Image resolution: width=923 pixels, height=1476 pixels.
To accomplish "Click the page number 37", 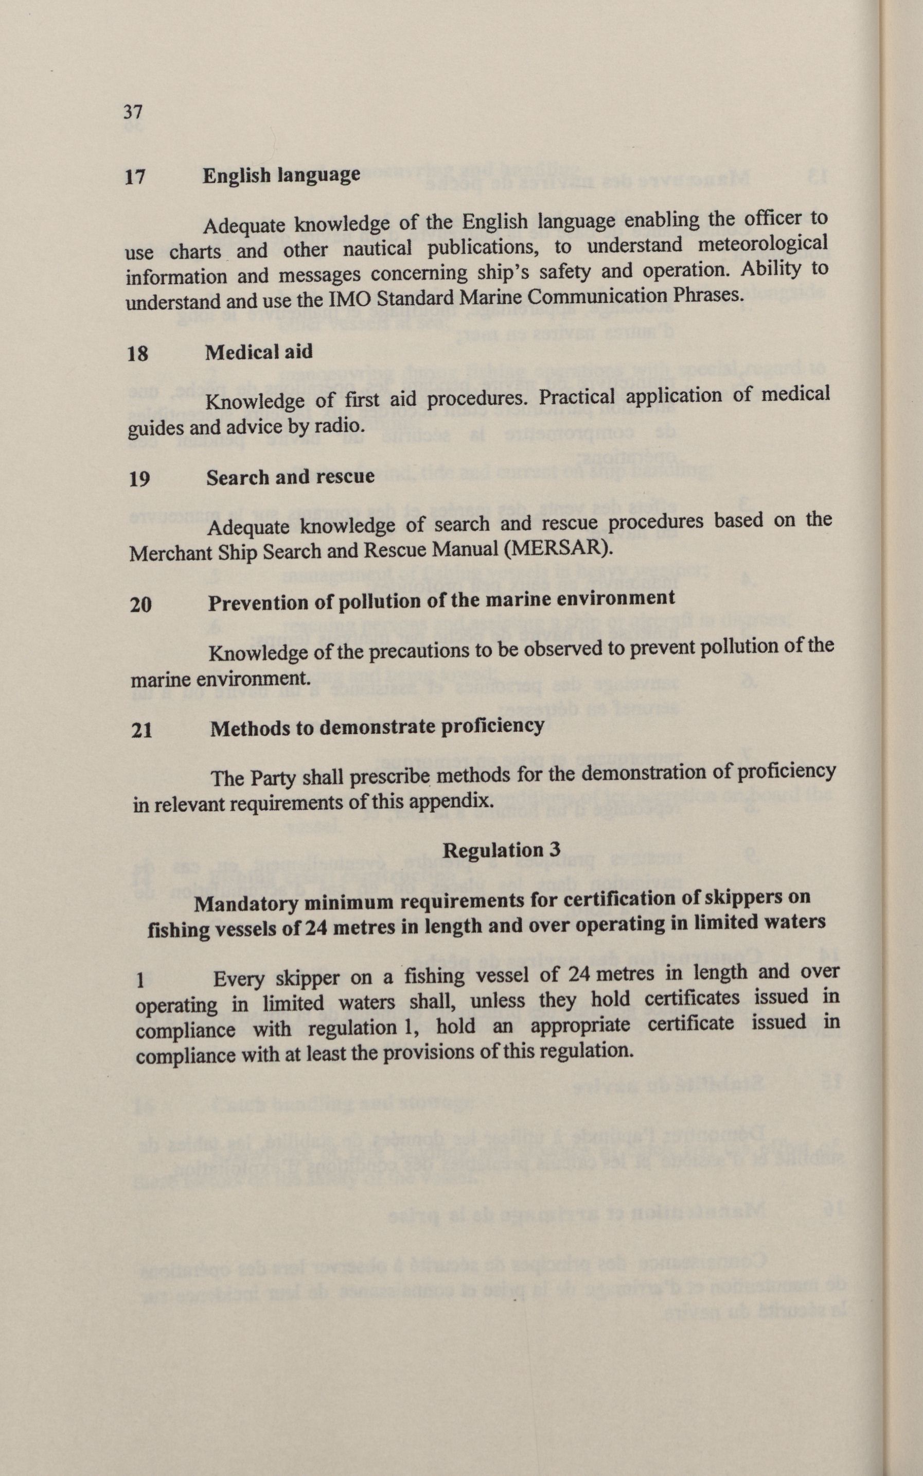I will click(x=133, y=112).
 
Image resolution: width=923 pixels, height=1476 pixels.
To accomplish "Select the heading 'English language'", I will click(x=281, y=175).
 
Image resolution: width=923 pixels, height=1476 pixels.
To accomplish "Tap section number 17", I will click(x=135, y=177).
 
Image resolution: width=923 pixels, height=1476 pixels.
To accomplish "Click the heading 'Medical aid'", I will click(x=259, y=352).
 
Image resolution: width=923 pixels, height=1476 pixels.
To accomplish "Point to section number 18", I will click(x=137, y=354).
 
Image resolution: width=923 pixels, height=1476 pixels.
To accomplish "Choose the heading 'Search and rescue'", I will click(x=290, y=476).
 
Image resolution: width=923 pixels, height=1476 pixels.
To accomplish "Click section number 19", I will click(x=140, y=478).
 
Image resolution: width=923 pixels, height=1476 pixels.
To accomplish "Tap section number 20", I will click(x=141, y=604).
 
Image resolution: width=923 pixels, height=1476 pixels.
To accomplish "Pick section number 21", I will click(x=141, y=730).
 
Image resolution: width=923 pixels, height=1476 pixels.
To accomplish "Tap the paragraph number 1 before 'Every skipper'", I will click(x=140, y=981).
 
